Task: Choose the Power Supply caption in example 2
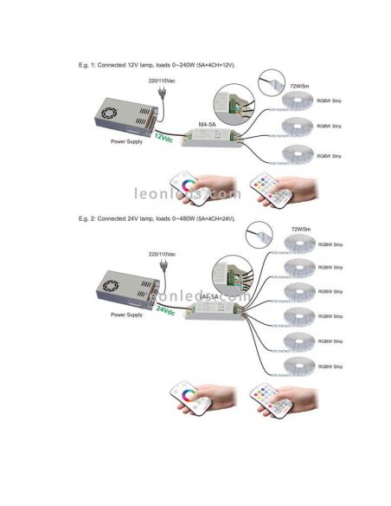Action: [127, 315]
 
